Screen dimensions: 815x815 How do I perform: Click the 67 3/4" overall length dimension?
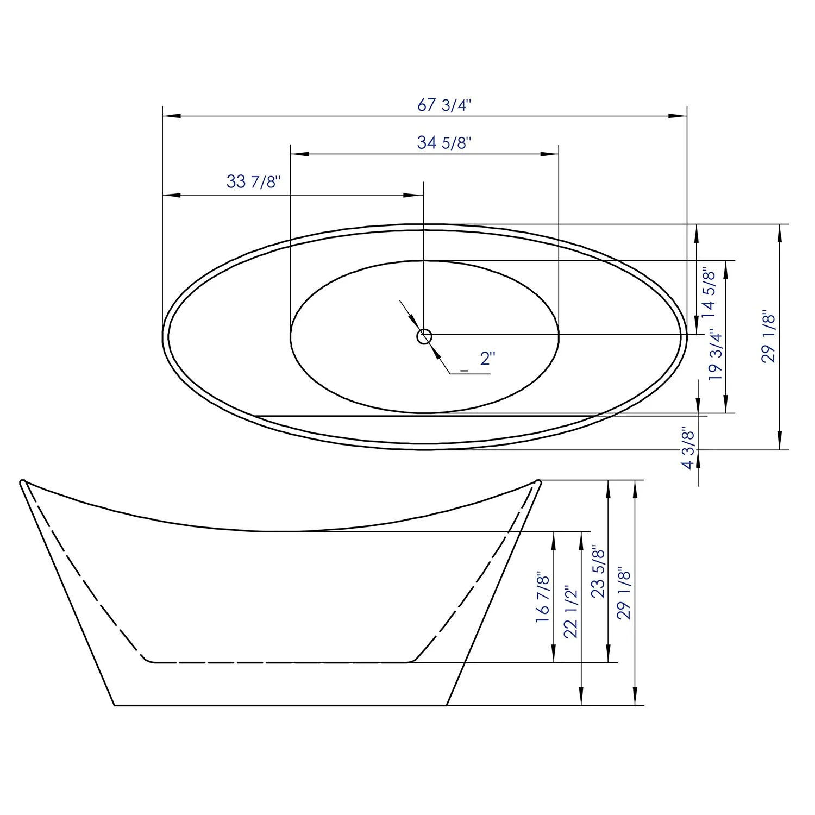(443, 105)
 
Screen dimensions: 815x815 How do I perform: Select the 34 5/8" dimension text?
(443, 143)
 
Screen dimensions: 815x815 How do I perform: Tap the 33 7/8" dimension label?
(253, 181)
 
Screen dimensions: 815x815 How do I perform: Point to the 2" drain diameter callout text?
(487, 359)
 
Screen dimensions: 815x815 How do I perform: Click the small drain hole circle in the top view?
(424, 337)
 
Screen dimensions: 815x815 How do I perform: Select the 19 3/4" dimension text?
(715, 356)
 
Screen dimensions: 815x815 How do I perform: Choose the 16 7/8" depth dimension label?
(543, 597)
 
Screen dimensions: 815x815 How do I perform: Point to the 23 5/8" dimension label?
(598, 572)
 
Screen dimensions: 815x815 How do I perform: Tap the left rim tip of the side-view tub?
(23, 482)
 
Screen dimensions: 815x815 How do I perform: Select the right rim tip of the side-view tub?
(538, 482)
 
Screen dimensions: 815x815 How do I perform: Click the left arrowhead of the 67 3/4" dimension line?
(171, 116)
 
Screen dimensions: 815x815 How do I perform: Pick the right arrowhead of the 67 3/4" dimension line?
(678, 116)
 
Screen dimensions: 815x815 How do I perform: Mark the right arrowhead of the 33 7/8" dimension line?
(415, 195)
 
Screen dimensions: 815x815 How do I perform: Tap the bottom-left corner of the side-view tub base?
(115, 705)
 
